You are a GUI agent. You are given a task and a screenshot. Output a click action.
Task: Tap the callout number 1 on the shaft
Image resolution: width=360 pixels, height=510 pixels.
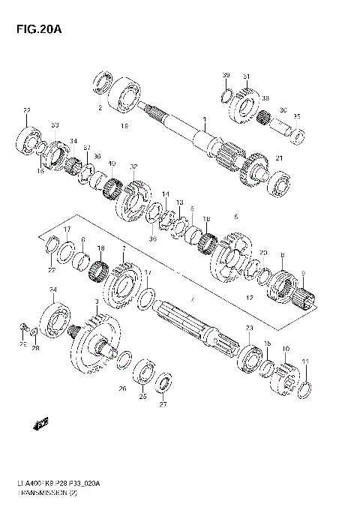point(204,118)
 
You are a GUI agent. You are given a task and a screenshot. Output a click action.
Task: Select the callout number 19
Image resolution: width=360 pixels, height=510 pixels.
point(124,125)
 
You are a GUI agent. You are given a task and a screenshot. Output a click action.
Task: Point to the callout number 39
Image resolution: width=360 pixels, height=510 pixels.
point(226,76)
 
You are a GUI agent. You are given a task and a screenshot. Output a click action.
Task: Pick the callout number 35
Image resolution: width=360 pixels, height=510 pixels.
point(296,115)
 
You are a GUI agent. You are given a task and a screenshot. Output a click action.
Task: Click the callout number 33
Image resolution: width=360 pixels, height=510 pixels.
point(54,124)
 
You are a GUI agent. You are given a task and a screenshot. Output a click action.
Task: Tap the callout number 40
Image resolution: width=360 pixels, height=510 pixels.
point(112,163)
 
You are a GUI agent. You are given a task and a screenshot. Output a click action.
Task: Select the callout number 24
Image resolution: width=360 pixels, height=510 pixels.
point(52,289)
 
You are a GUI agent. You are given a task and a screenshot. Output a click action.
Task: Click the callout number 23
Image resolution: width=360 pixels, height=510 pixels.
point(249,328)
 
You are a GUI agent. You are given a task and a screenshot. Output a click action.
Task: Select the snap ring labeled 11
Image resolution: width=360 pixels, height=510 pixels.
point(305,389)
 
